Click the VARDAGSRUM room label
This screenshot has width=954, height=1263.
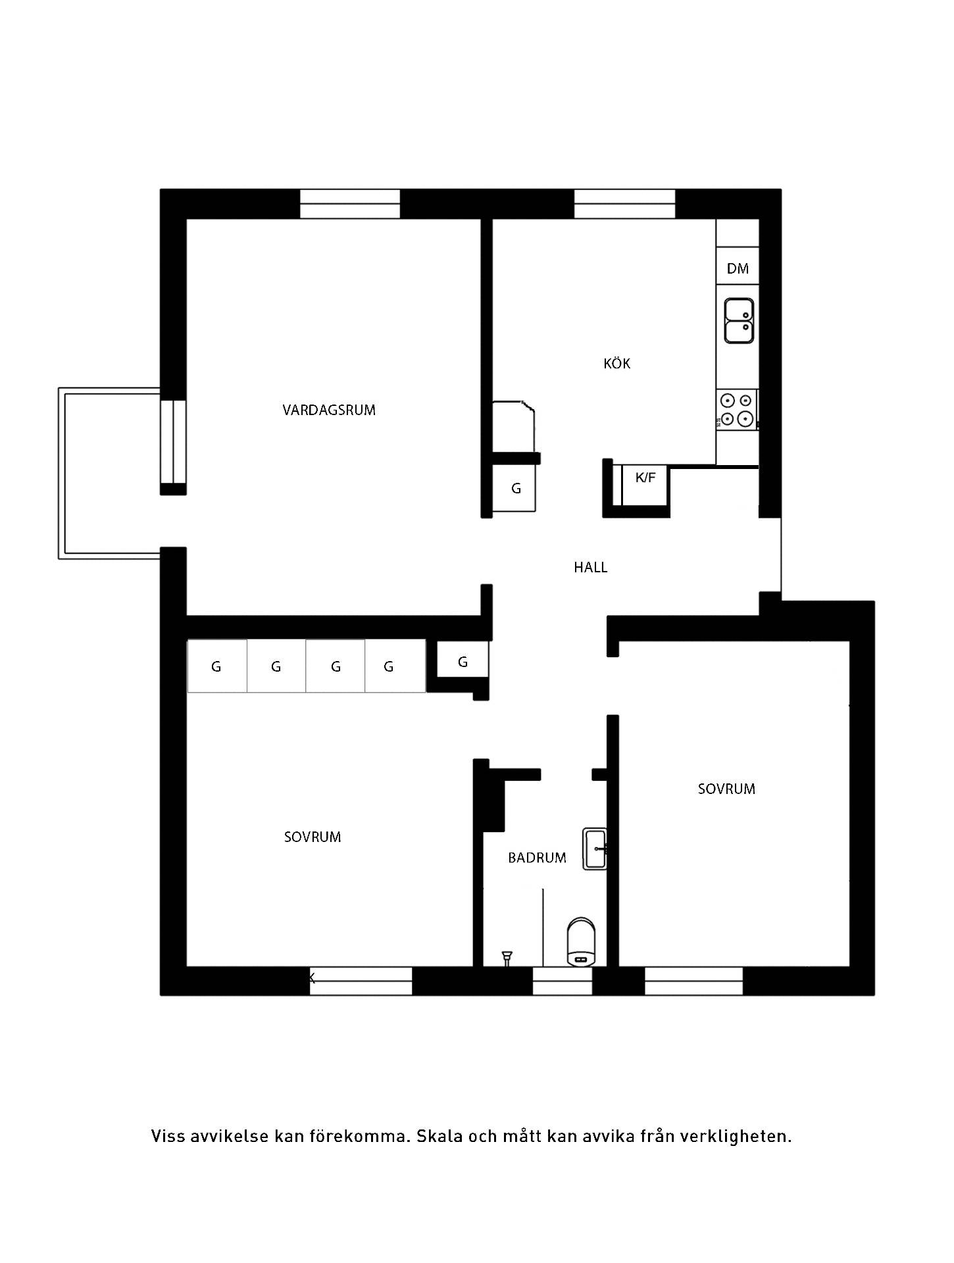point(329,410)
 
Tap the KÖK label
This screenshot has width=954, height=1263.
point(616,363)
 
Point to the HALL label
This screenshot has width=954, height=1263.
point(590,567)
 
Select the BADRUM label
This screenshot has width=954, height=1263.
point(537,858)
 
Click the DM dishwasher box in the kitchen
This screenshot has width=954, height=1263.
point(738,266)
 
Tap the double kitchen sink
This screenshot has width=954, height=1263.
point(739,320)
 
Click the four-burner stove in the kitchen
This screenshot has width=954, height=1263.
point(736,409)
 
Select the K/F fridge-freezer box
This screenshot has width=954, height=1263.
point(645,485)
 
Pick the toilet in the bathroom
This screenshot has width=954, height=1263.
point(582,943)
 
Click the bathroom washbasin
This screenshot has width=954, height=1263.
point(594,849)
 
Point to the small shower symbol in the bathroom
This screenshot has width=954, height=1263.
point(507,958)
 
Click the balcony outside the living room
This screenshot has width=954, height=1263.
point(109,474)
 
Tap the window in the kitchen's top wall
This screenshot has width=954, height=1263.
point(625,204)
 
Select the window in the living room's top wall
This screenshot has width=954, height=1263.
point(350,204)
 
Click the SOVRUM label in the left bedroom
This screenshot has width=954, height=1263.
point(313,837)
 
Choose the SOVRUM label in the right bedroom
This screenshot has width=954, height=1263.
point(726,789)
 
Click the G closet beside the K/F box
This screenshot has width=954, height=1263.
point(515,488)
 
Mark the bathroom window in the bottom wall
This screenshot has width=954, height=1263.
point(562,981)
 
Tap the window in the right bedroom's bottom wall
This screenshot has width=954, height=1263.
point(693,981)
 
